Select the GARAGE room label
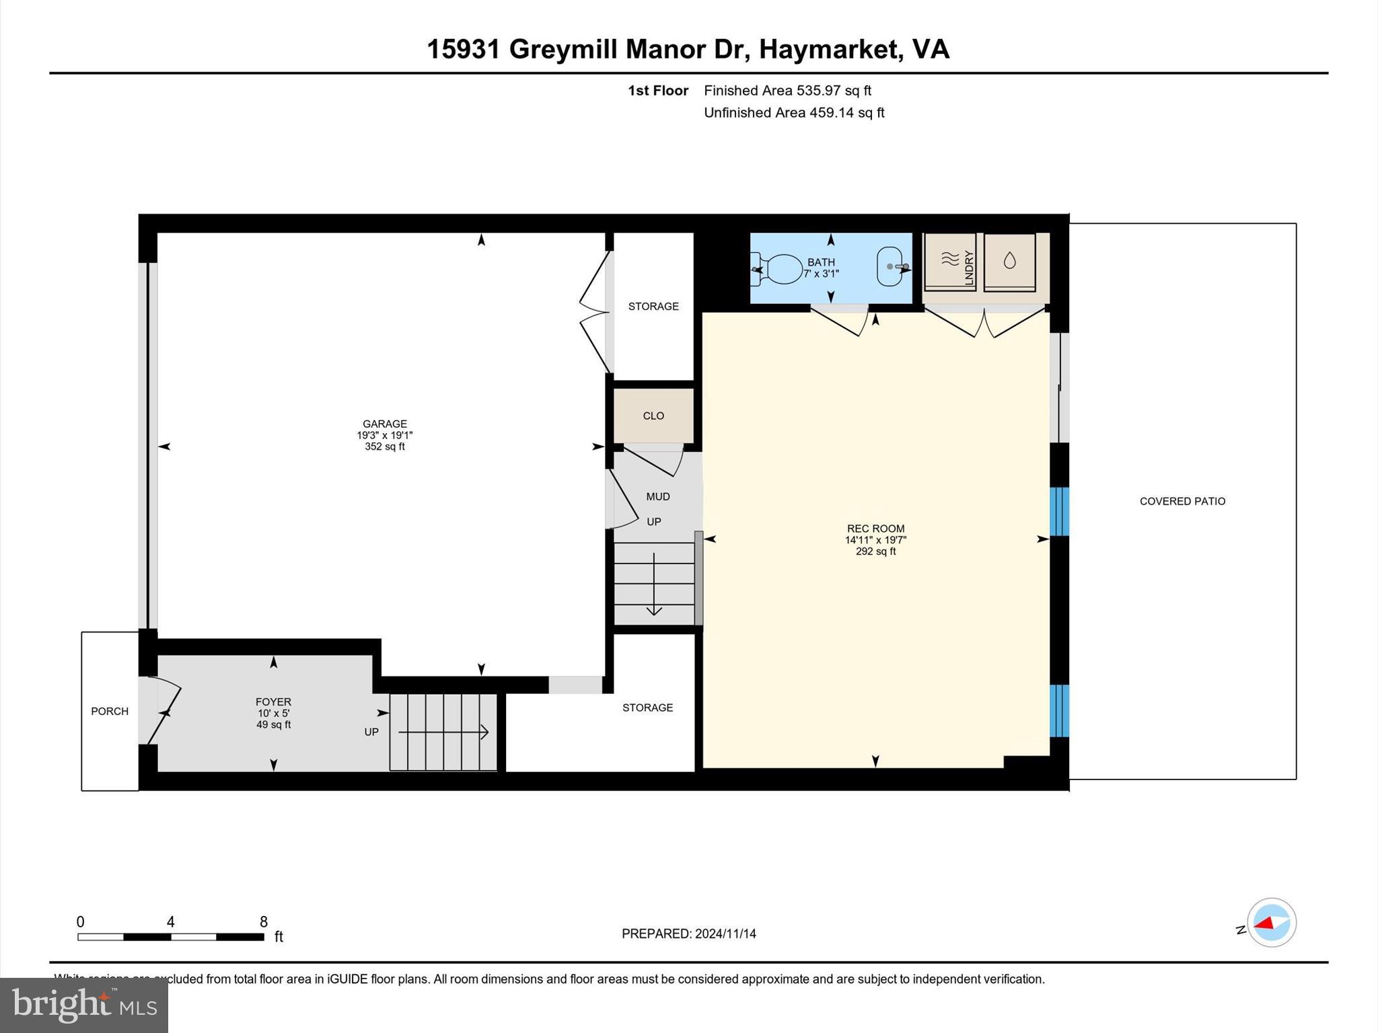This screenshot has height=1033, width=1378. (x=384, y=424)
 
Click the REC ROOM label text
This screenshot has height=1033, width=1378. (x=875, y=529)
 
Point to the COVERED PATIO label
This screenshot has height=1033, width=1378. (x=1182, y=501)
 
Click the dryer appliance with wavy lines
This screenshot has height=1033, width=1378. (x=949, y=262)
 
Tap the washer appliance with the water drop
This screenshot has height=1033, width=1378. (x=1009, y=262)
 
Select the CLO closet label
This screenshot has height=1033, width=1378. (x=653, y=416)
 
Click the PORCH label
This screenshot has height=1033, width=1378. (x=110, y=712)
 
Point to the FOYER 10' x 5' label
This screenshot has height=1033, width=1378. (x=273, y=707)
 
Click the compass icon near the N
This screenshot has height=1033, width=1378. (x=1271, y=923)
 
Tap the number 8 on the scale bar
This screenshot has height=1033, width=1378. (x=264, y=922)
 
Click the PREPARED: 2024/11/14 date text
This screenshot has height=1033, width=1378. (x=688, y=933)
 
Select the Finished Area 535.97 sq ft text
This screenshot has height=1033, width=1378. (x=787, y=91)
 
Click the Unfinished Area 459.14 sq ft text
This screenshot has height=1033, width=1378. (x=794, y=113)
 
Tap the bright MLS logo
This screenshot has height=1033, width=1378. (x=84, y=1005)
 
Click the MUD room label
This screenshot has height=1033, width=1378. (x=658, y=496)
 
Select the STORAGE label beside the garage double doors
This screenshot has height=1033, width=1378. (x=653, y=307)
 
